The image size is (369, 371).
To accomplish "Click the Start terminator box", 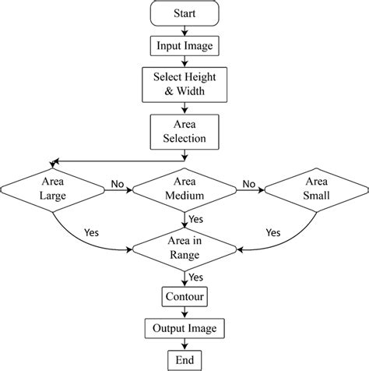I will pos(184,14).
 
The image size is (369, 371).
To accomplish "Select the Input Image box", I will pos(184,46).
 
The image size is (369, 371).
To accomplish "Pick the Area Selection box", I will pos(184,131).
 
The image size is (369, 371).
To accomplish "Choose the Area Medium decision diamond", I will pos(184,189).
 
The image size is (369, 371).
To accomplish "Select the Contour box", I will pos(184,297).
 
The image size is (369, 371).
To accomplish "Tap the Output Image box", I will pos(184,328).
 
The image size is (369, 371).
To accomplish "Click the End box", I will pos(184,359).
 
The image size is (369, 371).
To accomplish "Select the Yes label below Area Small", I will pos(272,232).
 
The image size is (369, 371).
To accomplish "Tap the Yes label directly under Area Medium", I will pos(197,219).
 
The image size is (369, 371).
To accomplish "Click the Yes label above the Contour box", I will pos(197,277).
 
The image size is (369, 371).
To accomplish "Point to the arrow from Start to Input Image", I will pos(184,30).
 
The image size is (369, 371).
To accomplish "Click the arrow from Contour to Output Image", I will pos(184,313).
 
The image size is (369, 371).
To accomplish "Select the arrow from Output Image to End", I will pos(184,344).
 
